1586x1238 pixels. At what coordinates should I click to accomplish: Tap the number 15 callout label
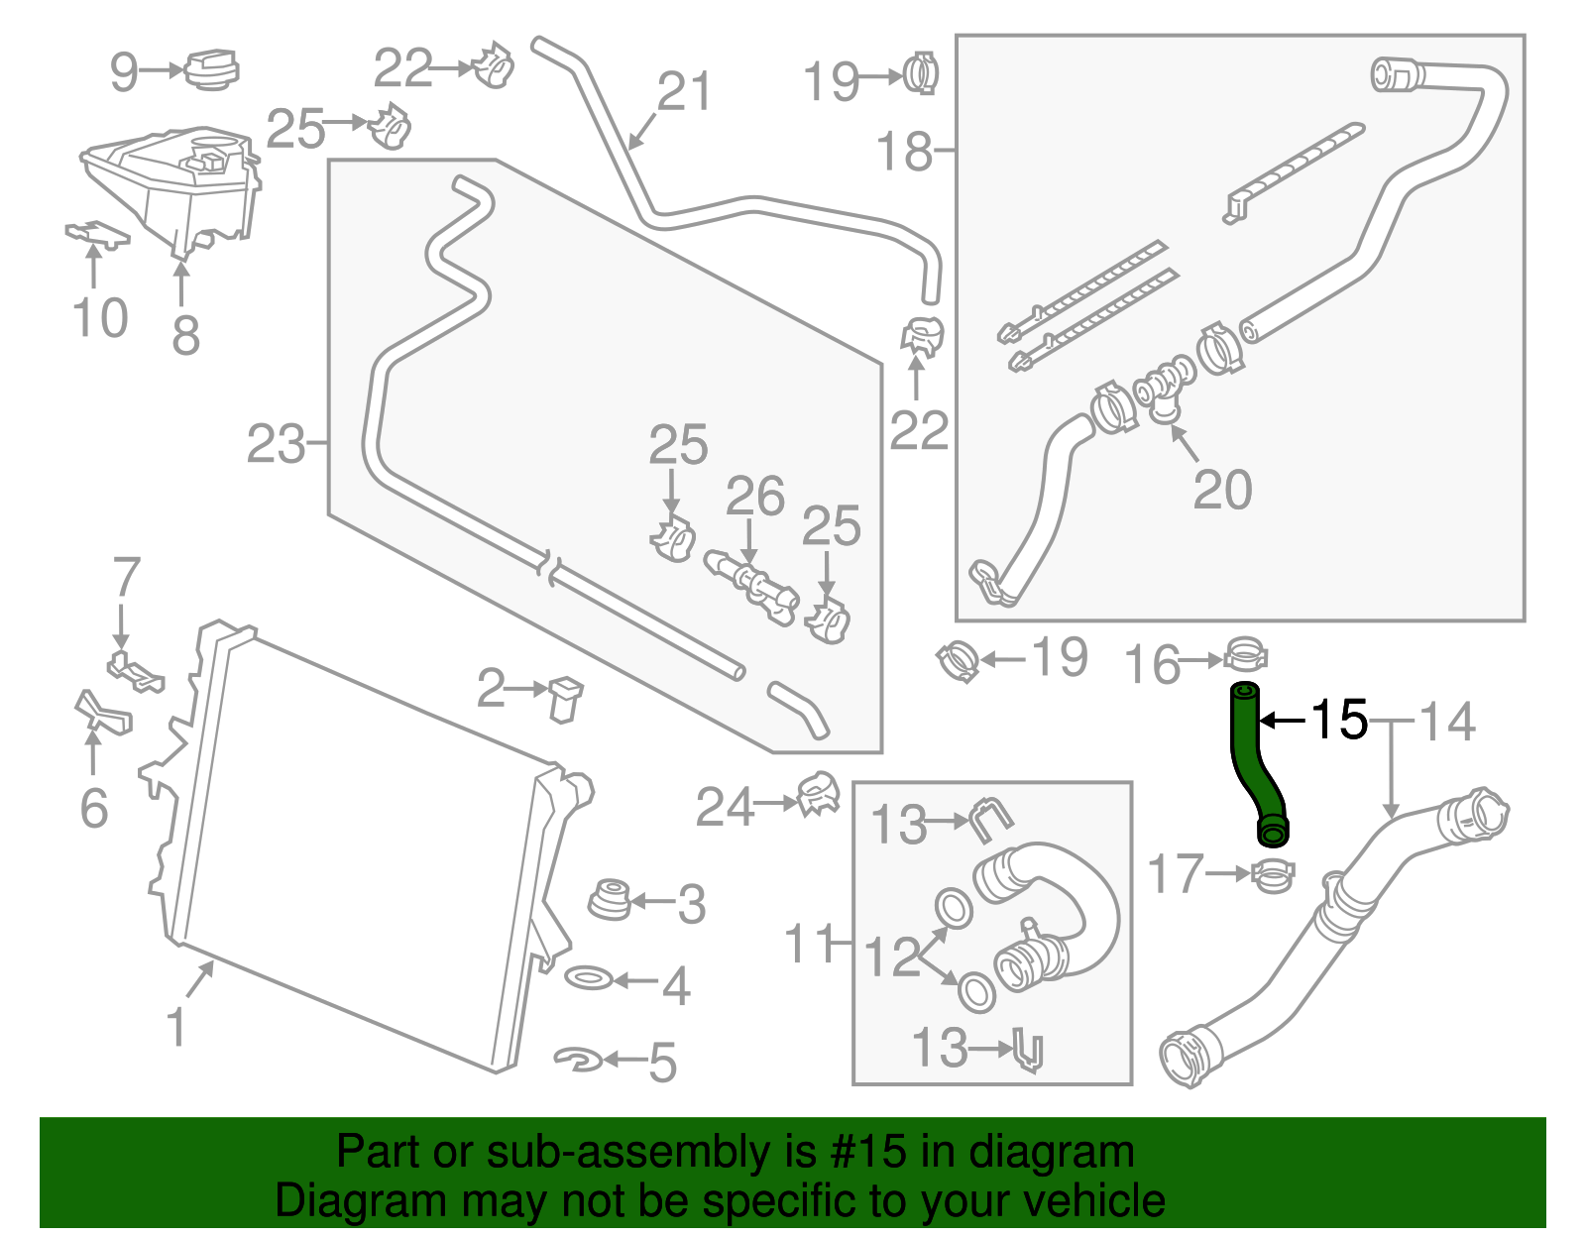coord(1338,720)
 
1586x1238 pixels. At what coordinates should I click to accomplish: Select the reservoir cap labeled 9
coord(211,68)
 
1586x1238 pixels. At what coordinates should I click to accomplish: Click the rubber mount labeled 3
coord(608,898)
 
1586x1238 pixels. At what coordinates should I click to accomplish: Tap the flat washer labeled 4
coord(589,979)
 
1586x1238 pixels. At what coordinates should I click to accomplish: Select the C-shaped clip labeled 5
coord(579,1060)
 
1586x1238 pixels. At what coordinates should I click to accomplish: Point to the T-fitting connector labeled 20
coord(1166,389)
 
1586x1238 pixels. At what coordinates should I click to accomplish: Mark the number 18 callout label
coord(904,152)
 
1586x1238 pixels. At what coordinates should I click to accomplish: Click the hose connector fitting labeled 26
coord(750,582)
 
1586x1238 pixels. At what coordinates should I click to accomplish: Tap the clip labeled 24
coord(819,794)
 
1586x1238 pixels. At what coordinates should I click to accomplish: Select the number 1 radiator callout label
coord(176,1027)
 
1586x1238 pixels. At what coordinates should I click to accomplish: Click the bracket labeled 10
coord(96,234)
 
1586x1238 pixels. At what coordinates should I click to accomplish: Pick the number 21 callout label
coord(684,92)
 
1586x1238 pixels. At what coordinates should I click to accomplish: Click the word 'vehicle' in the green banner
coord(1093,1201)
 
